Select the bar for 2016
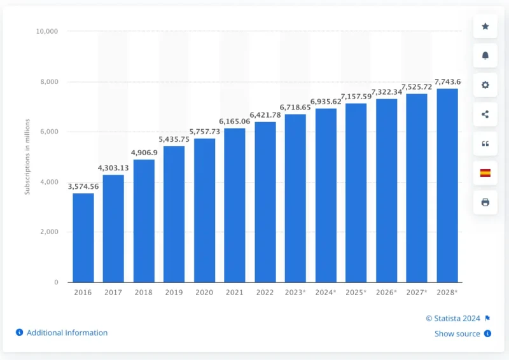pyautogui.click(x=83, y=237)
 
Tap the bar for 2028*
pyautogui.click(x=447, y=185)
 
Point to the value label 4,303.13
pyautogui.click(x=113, y=168)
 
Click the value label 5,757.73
pyautogui.click(x=204, y=132)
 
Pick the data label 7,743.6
pyautogui.click(x=447, y=81)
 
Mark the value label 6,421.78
pyautogui.click(x=265, y=115)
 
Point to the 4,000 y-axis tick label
pyautogui.click(x=49, y=182)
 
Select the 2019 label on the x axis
pyautogui.click(x=174, y=293)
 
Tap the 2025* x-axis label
pyautogui.click(x=356, y=293)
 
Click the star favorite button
pyautogui.click(x=485, y=26)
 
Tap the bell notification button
pyautogui.click(x=485, y=55)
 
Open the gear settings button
pyautogui.click(x=485, y=85)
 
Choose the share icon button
pyautogui.click(x=485, y=114)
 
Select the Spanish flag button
pyautogui.click(x=485, y=172)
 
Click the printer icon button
pyautogui.click(x=485, y=202)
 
